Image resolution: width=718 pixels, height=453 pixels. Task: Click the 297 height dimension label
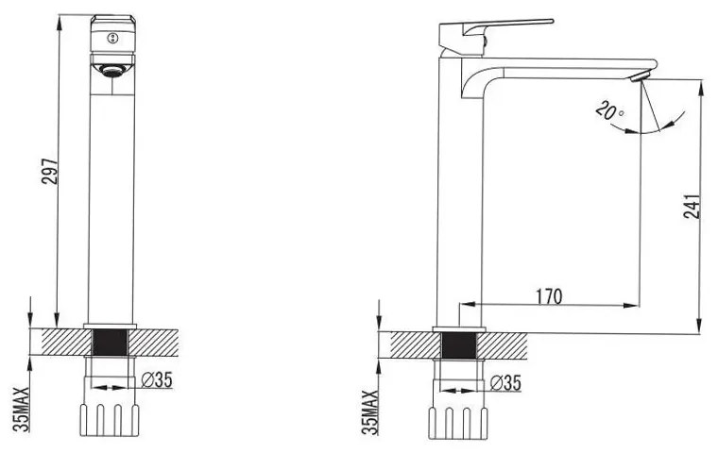[50, 171]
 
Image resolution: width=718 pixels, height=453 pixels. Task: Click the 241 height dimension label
[692, 207]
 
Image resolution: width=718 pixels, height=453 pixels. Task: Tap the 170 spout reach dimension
[549, 296]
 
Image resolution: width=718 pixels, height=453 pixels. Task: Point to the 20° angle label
[609, 111]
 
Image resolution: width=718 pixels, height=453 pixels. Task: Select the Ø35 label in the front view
[157, 379]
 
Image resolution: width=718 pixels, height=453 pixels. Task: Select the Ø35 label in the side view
[505, 383]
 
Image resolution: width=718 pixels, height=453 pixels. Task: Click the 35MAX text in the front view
[21, 410]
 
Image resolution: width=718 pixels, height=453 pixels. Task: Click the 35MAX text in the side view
[370, 412]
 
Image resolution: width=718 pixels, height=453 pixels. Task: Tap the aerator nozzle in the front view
[112, 70]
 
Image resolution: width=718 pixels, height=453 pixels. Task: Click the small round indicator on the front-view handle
[112, 39]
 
